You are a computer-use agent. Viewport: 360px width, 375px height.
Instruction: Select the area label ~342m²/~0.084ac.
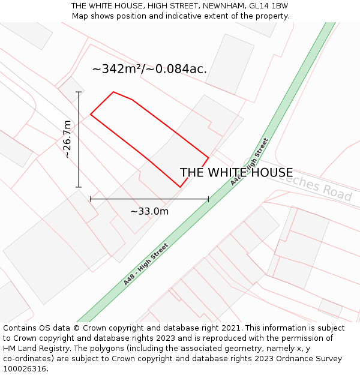[149, 69]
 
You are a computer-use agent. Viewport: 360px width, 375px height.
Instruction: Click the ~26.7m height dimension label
[67, 139]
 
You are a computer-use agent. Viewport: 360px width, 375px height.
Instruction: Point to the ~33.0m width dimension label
[149, 211]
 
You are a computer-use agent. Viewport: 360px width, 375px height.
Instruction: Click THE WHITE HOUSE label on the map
[236, 173]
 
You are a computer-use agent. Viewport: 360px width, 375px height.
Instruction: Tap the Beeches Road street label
[318, 187]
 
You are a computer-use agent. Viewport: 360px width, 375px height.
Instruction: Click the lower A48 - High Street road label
[146, 264]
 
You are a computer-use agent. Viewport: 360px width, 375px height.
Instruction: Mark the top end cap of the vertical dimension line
[79, 92]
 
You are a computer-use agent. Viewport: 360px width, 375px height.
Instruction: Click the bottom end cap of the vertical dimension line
[79, 187]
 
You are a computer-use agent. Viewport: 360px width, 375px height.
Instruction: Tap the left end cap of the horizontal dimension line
[91, 199]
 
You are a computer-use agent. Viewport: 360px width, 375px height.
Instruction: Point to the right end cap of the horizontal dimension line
[209, 199]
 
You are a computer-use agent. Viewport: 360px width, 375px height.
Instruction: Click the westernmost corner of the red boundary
[91, 114]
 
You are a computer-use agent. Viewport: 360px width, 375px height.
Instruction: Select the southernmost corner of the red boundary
[180, 187]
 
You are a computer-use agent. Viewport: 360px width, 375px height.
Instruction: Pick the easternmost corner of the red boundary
[209, 158]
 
